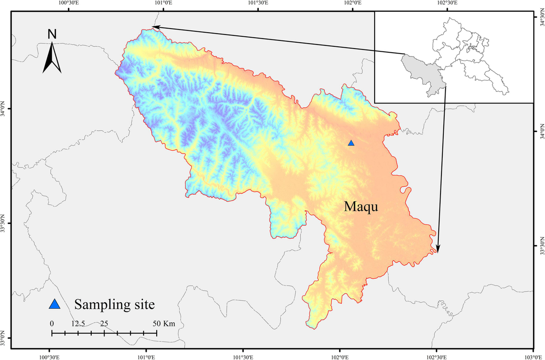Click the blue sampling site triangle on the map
tap(351, 143)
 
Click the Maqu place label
tap(361, 207)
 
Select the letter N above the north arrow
tap(52, 34)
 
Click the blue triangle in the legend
tap(54, 304)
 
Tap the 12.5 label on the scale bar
tap(78, 324)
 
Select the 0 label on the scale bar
tap(52, 324)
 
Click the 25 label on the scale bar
tap(104, 324)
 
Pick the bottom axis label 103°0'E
tap(533, 355)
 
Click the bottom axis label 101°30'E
tap(243, 355)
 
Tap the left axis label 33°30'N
tap(4, 223)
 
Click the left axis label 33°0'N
tap(4, 339)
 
